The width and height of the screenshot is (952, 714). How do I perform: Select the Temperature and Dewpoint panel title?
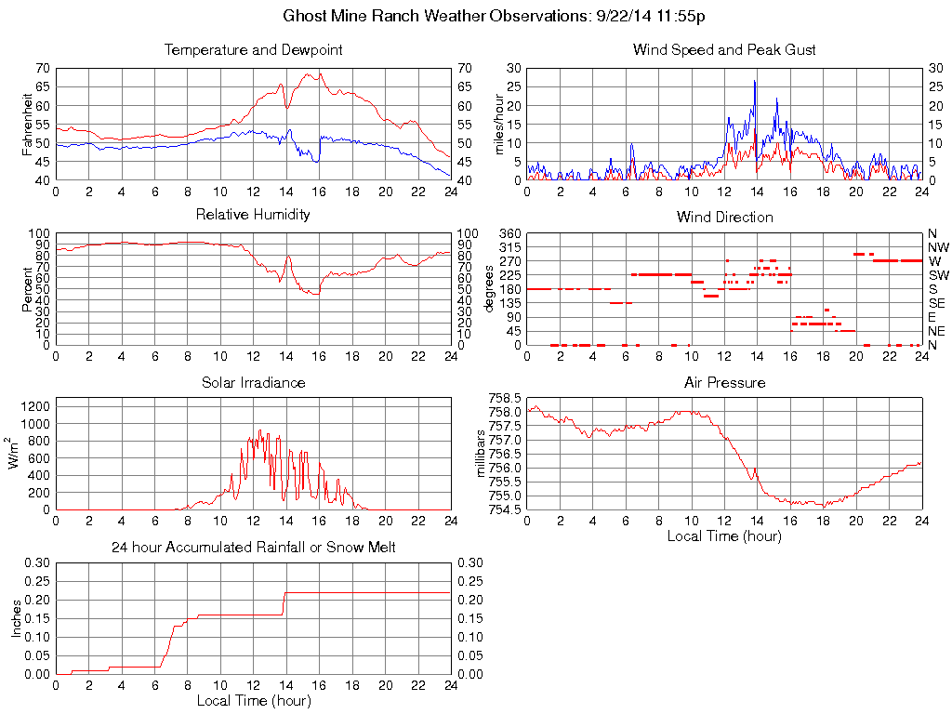point(253,49)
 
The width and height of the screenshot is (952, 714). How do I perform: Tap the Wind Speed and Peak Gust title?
point(724,49)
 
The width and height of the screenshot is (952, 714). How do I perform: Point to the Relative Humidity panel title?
point(253,215)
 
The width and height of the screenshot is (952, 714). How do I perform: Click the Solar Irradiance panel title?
point(253,382)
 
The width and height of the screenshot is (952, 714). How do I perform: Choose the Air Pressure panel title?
point(724,382)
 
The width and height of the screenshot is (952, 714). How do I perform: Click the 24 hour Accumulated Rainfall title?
point(253,548)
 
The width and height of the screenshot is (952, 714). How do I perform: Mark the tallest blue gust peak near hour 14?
point(755,81)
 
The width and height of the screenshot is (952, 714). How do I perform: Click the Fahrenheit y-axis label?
point(27,125)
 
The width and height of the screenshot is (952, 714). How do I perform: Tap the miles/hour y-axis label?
point(498,125)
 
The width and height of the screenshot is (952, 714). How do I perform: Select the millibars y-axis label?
point(481,454)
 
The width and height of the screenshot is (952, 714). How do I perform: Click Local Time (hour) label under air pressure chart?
point(724,535)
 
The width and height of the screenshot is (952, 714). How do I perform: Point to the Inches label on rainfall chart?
point(17,618)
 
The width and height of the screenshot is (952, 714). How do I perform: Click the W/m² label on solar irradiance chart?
point(15,454)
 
